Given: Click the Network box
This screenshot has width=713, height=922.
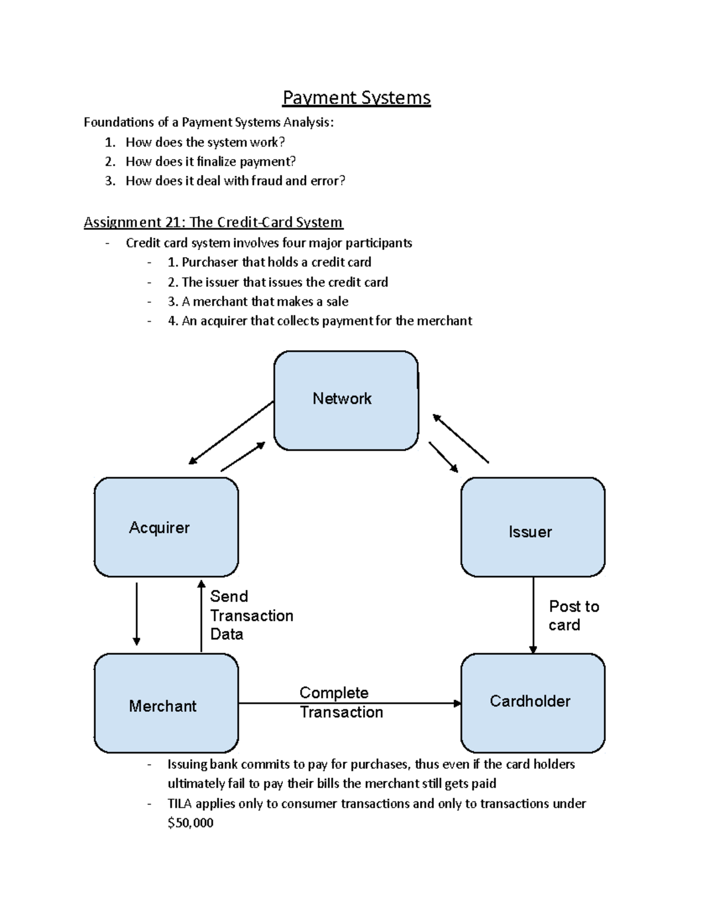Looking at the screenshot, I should (x=346, y=400).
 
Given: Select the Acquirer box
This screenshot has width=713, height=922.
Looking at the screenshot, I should (x=166, y=527).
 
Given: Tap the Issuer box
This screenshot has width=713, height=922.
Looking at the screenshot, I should (x=532, y=527).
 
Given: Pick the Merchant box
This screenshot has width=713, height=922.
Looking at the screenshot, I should (x=166, y=704).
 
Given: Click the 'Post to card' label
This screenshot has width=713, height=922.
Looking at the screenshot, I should (x=573, y=616).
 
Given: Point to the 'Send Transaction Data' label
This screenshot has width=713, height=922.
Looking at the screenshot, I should (x=251, y=615).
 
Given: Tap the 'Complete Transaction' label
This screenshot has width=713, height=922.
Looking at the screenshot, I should (x=340, y=702).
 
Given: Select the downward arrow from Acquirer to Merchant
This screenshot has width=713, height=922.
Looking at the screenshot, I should (x=137, y=614).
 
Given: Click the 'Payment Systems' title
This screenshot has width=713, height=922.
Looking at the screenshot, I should (x=356, y=97).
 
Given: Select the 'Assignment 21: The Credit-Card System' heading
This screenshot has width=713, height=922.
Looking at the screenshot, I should (x=213, y=223).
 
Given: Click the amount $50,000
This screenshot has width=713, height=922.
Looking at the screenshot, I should (x=190, y=823).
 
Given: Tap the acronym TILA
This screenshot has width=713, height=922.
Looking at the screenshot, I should (x=180, y=804).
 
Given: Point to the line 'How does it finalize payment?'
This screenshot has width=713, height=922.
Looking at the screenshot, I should (x=210, y=161).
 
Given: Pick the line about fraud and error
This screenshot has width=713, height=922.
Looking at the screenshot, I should (x=235, y=181).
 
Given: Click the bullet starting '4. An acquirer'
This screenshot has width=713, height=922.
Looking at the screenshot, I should (x=320, y=321).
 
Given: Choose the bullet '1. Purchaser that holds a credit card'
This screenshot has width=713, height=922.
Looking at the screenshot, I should (x=269, y=262).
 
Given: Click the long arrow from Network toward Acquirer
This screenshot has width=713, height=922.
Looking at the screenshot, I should (x=231, y=433).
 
